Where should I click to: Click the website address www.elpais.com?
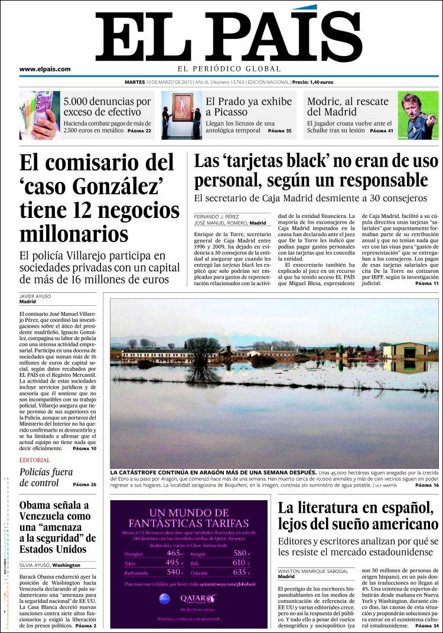click(x=45, y=69)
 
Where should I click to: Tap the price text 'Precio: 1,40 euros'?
click(x=313, y=82)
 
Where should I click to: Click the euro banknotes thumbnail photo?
click(x=39, y=115)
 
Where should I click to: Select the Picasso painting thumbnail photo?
click(x=181, y=115)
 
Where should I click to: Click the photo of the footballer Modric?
click(x=418, y=115)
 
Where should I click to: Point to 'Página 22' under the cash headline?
click(x=140, y=130)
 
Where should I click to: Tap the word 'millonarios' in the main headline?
click(x=74, y=233)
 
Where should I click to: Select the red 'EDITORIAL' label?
click(x=35, y=460)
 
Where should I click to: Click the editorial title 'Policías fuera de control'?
click(x=46, y=477)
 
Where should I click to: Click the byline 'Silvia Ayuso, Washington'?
click(x=50, y=565)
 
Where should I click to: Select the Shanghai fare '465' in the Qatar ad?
click(x=175, y=553)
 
